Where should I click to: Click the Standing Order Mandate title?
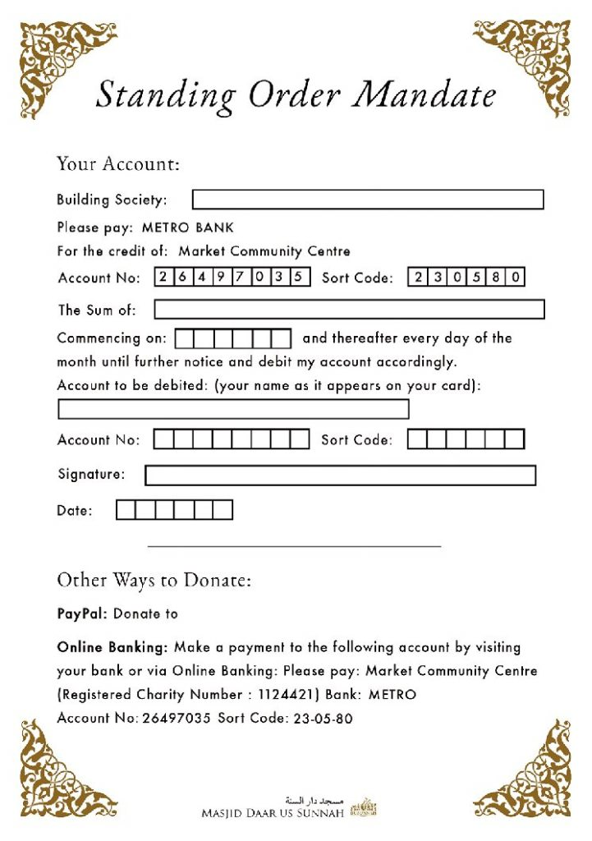pos(296,94)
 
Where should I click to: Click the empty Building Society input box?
pos(368,200)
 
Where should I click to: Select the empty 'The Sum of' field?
pos(349,310)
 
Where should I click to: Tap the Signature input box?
pos(340,476)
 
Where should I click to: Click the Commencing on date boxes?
pos(233,338)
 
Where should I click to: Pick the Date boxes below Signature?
pos(174,511)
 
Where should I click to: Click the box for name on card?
pos(233,409)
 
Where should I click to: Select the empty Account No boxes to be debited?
pos(232,439)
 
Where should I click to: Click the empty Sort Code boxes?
pos(466,439)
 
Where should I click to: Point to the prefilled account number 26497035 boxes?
pos(232,278)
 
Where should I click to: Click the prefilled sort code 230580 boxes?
pos(466,278)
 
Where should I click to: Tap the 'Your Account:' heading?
pos(117,163)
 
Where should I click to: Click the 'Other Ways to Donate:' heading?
pos(154,581)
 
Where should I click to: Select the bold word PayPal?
pos(81,614)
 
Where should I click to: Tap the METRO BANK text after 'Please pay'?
pos(187,227)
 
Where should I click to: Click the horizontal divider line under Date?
pos(294,545)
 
